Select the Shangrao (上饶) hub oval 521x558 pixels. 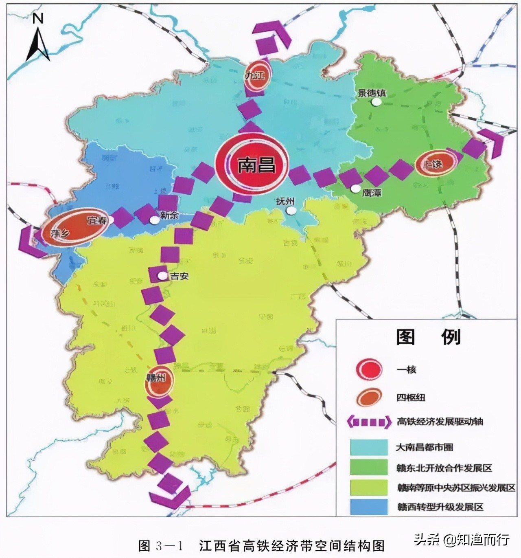434,163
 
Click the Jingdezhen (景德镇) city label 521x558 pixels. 372,93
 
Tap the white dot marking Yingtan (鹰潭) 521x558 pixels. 356,189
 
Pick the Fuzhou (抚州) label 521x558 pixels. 285,201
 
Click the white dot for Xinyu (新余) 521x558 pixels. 154,220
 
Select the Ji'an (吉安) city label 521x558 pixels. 180,276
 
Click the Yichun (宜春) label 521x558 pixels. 96,221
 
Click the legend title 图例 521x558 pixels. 428,337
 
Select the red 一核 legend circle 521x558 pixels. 369,369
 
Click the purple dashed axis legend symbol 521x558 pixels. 367,422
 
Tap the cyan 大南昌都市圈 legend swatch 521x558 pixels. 369,447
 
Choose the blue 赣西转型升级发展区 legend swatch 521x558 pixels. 369,507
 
